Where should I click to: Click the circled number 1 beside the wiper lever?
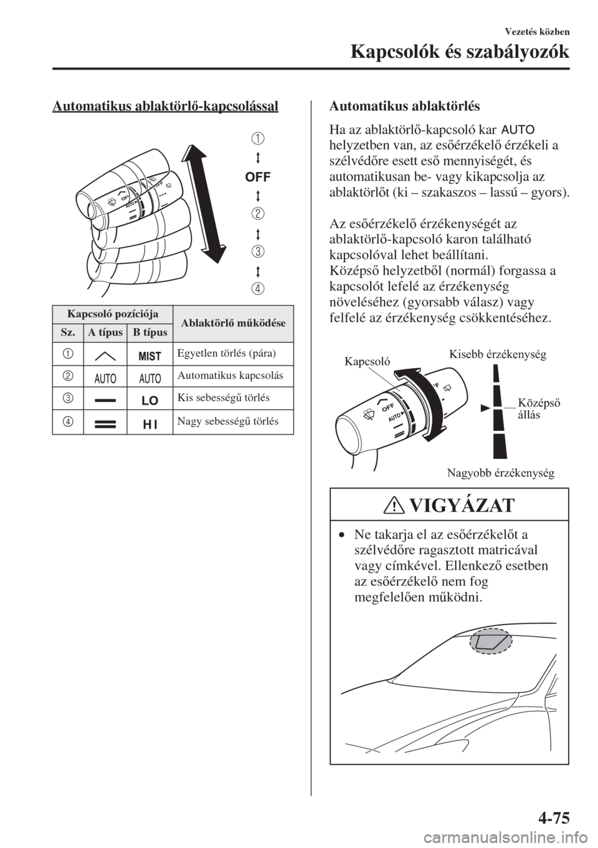[257, 138]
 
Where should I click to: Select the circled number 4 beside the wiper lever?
[257, 288]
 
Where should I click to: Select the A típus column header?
[105, 332]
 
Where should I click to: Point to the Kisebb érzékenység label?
[496, 355]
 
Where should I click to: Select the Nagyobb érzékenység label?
[500, 473]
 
